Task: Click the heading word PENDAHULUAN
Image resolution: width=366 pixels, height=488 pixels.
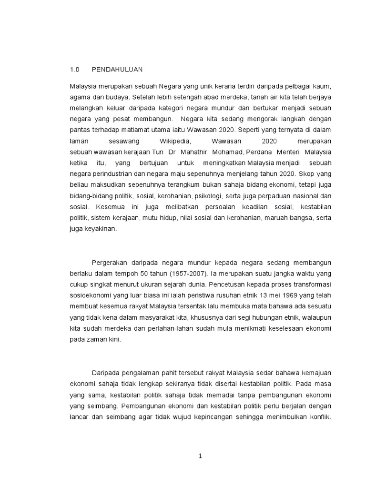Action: pos(117,69)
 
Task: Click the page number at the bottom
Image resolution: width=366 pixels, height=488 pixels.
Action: pos(201,456)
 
